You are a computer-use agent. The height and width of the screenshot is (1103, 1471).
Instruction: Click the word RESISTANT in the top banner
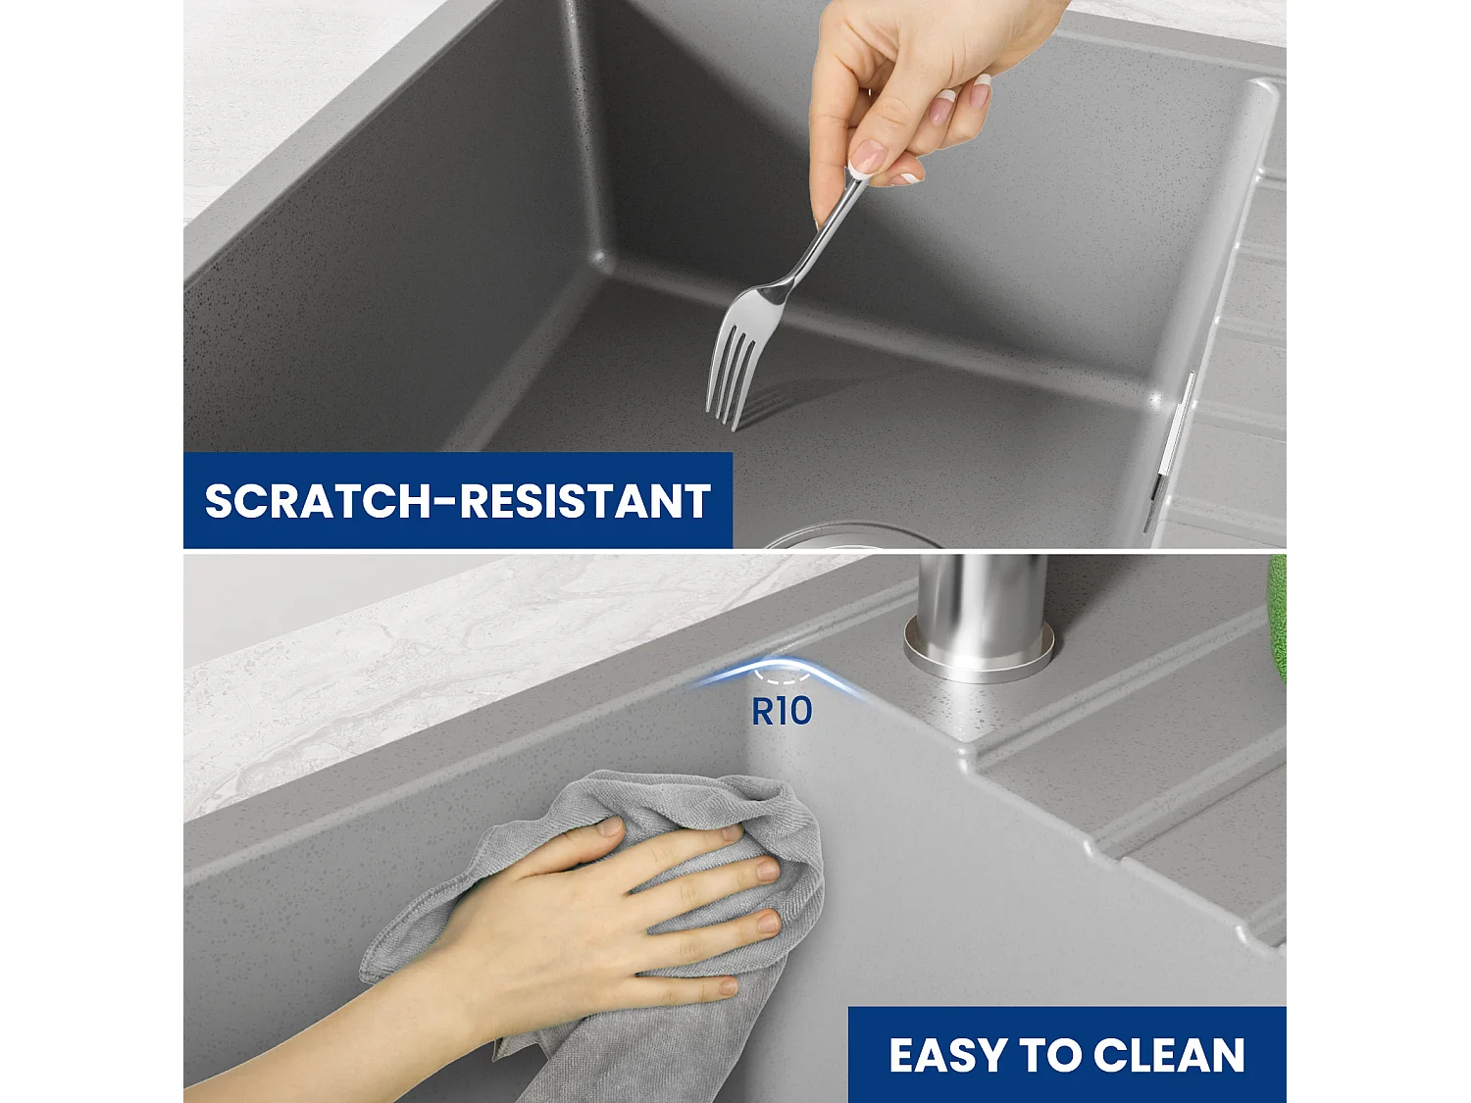585,501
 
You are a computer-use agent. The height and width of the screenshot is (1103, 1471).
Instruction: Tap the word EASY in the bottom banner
947,1056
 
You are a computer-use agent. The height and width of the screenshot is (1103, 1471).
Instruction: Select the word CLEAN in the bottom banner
1169,1056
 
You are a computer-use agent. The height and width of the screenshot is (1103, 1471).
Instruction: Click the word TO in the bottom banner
1050,1056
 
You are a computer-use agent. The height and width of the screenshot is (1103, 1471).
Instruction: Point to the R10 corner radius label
782,712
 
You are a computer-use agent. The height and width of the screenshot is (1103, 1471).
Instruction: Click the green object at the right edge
1277,618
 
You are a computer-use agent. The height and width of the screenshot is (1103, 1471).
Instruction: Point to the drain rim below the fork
843,534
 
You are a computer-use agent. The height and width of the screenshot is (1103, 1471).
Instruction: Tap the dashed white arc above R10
783,677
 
